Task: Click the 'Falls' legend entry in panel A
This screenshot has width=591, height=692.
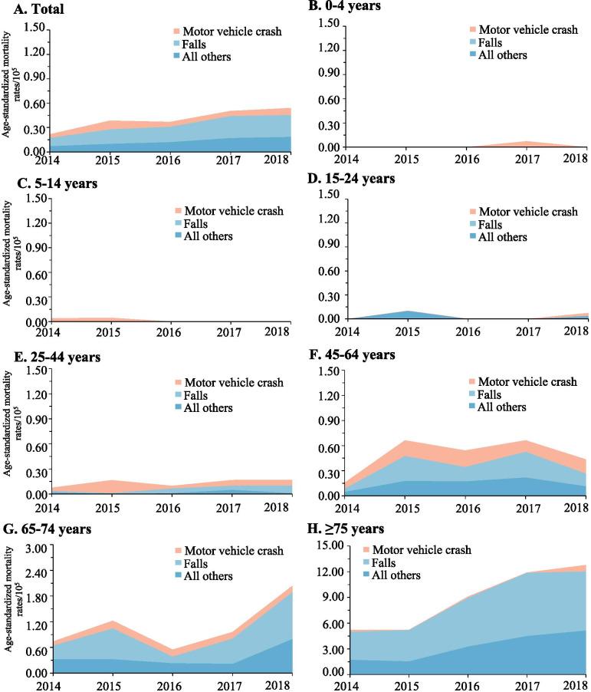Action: coord(199,44)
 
